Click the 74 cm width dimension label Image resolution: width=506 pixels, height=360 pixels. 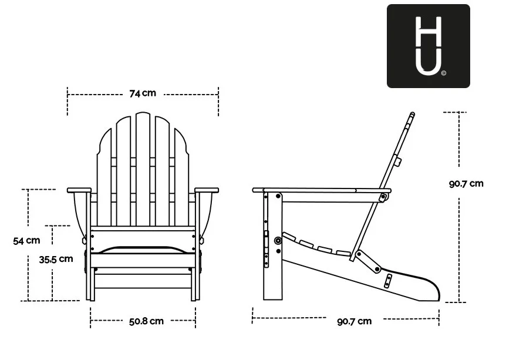pyautogui.click(x=143, y=93)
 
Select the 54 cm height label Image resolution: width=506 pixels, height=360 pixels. pyautogui.click(x=26, y=241)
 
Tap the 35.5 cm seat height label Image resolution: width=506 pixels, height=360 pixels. pyautogui.click(x=56, y=259)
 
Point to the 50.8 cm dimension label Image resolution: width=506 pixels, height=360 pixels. pyautogui.click(x=146, y=321)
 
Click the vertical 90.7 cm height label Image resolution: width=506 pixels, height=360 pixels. pyautogui.click(x=466, y=184)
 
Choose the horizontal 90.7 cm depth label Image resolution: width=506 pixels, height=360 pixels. pyautogui.click(x=355, y=322)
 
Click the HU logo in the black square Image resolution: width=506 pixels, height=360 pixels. pyautogui.click(x=429, y=46)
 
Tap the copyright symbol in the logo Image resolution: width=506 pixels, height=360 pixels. pyautogui.click(x=444, y=73)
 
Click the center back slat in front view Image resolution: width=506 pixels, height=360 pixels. pyautogui.click(x=143, y=169)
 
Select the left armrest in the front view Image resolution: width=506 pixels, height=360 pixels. pyautogui.click(x=79, y=190)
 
